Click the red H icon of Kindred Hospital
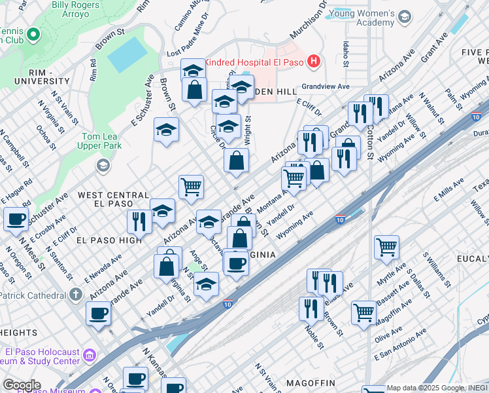(x=314, y=62)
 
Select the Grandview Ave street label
(x=325, y=86)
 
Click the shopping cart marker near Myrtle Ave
(x=386, y=248)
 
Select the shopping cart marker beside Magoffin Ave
(x=363, y=312)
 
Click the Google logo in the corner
(x=22, y=384)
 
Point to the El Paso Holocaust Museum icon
(x=90, y=354)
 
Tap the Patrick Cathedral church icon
(x=76, y=295)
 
